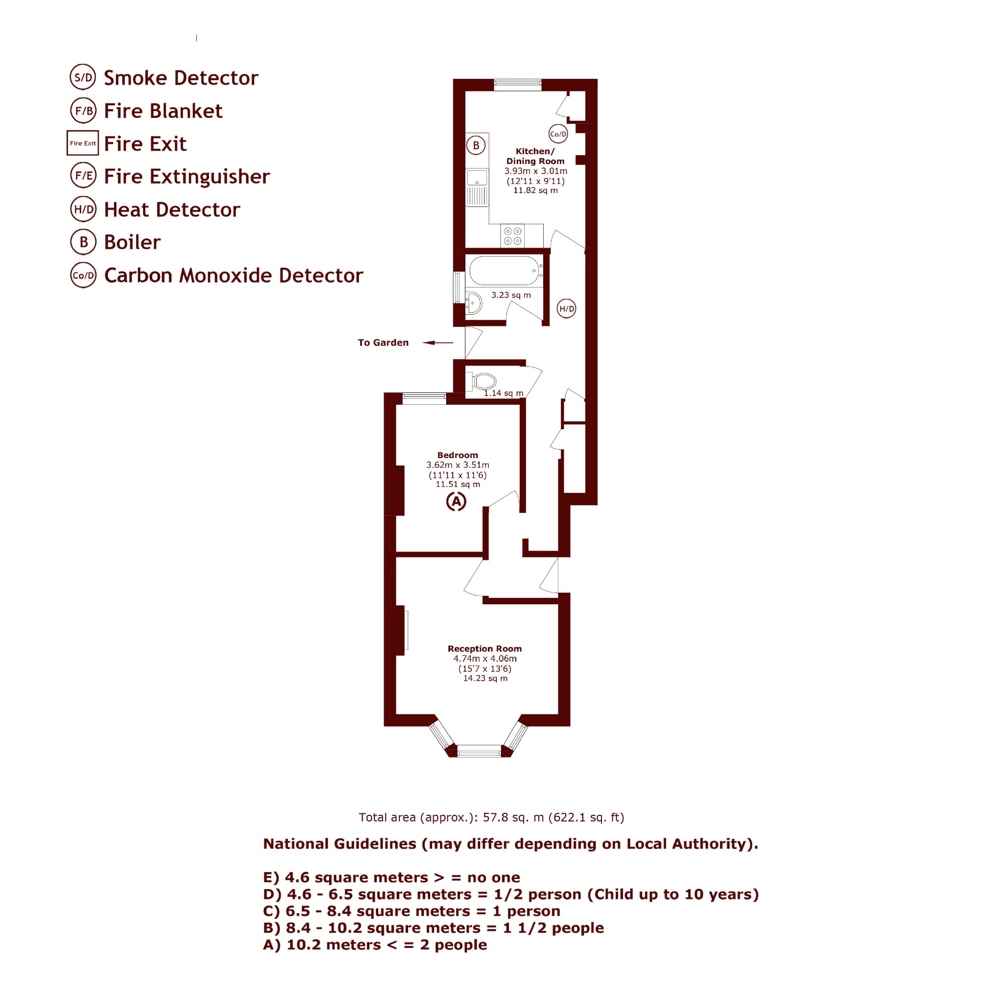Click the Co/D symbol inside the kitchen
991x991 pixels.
click(x=558, y=135)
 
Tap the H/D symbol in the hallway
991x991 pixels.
click(x=566, y=309)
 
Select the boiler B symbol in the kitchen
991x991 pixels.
click(x=476, y=145)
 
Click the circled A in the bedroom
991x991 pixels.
click(x=456, y=502)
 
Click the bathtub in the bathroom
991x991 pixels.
click(x=504, y=270)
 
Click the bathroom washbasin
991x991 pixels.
click(x=474, y=303)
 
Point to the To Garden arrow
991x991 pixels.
click(x=438, y=343)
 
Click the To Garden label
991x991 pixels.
click(x=383, y=343)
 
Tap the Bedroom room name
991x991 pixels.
click(x=458, y=455)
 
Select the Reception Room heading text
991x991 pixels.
click(x=484, y=649)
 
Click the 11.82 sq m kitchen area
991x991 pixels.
click(x=535, y=190)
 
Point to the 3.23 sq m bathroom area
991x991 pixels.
click(x=511, y=295)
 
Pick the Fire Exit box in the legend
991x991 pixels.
click(x=83, y=143)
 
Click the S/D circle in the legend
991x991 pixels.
click(x=83, y=77)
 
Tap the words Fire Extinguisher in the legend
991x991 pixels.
click(x=187, y=177)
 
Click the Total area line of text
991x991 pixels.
click(x=491, y=817)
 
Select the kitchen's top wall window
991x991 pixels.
click(x=518, y=85)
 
